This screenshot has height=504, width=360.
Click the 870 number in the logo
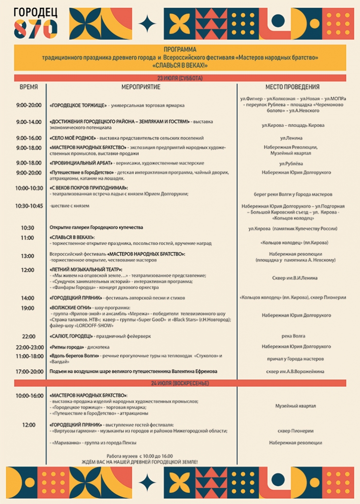[x=35, y=30]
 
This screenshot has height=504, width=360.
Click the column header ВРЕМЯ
[x=29, y=87]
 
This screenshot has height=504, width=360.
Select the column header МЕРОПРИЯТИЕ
[x=141, y=87]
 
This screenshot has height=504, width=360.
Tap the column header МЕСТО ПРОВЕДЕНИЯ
[x=292, y=87]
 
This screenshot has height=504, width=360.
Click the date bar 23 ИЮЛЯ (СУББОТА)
[x=180, y=78]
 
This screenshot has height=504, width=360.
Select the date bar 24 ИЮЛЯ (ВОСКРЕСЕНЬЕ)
[x=180, y=383]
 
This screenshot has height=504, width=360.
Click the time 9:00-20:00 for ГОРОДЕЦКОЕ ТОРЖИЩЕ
[x=29, y=105]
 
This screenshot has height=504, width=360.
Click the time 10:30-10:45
[x=29, y=206]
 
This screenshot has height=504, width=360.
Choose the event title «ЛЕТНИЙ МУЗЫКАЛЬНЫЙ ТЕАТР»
[x=86, y=269]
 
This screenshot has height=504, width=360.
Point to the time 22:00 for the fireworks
[x=29, y=336]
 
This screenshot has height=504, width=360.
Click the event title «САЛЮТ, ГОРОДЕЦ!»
[x=71, y=336]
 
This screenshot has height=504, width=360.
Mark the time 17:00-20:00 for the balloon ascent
[x=29, y=371]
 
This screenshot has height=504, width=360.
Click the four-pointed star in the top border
[x=147, y=23]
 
